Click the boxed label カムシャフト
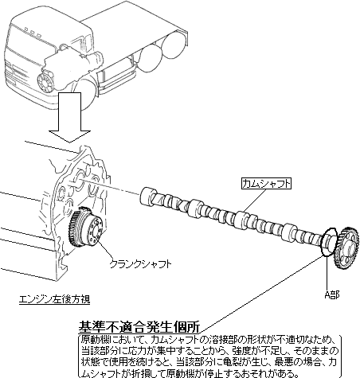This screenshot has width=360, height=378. (x=266, y=184)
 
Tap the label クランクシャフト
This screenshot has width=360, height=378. (x=141, y=264)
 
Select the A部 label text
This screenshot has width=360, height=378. (x=331, y=294)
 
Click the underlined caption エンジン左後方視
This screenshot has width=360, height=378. (x=55, y=299)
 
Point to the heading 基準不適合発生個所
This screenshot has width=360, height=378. (x=139, y=327)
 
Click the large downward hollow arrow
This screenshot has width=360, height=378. (x=69, y=118)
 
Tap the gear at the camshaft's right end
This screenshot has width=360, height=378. (x=347, y=248)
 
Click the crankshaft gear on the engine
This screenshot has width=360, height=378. (x=84, y=228)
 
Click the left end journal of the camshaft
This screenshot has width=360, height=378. (x=149, y=196)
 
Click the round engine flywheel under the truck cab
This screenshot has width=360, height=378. (x=45, y=81)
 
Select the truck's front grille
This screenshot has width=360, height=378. (x=19, y=71)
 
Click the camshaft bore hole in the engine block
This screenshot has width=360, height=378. (x=80, y=177)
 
